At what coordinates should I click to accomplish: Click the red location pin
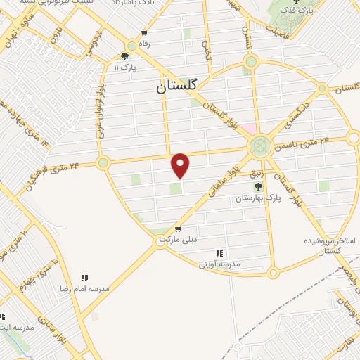point(181,165)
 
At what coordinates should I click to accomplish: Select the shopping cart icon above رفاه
point(144,33)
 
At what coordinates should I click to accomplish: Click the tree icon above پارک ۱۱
point(124,57)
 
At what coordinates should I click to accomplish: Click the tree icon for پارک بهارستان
point(258,186)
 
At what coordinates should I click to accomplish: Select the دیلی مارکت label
point(177,240)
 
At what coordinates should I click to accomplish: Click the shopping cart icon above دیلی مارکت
point(177,229)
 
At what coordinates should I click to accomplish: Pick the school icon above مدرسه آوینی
point(219,253)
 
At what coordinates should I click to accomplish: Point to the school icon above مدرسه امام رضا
point(85,278)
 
